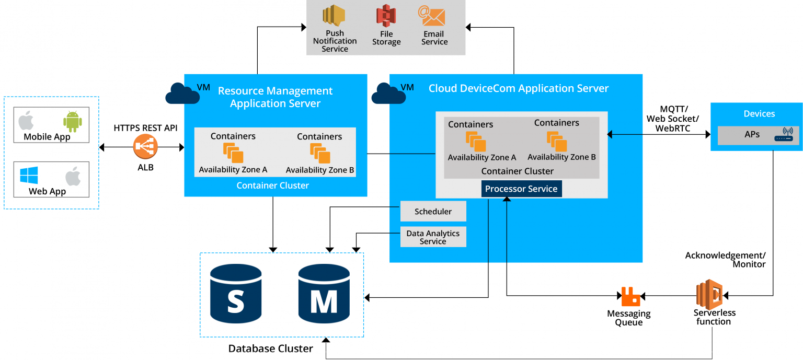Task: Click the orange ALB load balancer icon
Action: coord(145,147)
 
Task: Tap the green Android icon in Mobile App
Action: coord(73,121)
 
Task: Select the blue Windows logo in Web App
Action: coord(29,175)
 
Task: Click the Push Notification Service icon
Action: coord(335,16)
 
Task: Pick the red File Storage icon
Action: coord(386,16)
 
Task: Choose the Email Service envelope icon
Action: coord(432,16)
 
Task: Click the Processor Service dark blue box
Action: coord(521,189)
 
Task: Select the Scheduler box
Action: coord(433,212)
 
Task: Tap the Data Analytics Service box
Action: coord(433,237)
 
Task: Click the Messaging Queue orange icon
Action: coord(630,296)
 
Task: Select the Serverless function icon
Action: coord(709,294)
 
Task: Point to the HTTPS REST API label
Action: coord(146,127)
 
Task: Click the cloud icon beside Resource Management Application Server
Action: coord(182,94)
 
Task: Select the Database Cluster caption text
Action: coord(271,349)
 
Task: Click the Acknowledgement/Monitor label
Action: coord(725,260)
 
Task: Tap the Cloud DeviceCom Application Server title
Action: coord(519,88)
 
